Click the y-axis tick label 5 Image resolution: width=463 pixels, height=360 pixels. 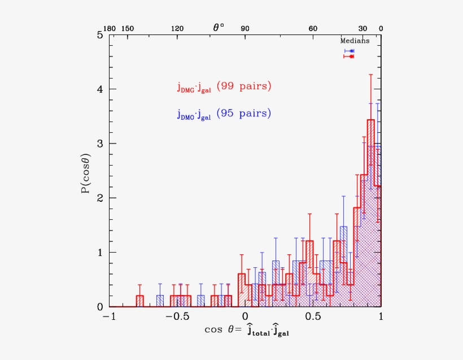(x=99, y=35)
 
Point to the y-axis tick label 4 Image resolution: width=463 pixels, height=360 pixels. (x=99, y=89)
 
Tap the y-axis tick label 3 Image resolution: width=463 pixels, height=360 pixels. (x=99, y=144)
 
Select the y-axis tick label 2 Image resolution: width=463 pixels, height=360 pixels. (x=99, y=198)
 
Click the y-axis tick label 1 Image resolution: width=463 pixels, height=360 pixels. (x=99, y=252)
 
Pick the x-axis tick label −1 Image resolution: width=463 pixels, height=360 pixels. (x=108, y=318)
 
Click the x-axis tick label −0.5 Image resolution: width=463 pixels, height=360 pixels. (x=177, y=318)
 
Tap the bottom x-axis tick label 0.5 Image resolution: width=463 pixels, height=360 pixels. (x=313, y=318)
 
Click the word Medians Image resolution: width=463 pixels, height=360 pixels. (x=355, y=41)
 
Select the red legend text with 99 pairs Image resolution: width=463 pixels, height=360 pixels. (x=224, y=86)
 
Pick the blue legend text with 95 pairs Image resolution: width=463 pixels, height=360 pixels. (x=224, y=114)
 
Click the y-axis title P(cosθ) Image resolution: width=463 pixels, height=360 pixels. (x=85, y=171)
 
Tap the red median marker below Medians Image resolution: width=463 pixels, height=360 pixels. (x=351, y=56)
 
